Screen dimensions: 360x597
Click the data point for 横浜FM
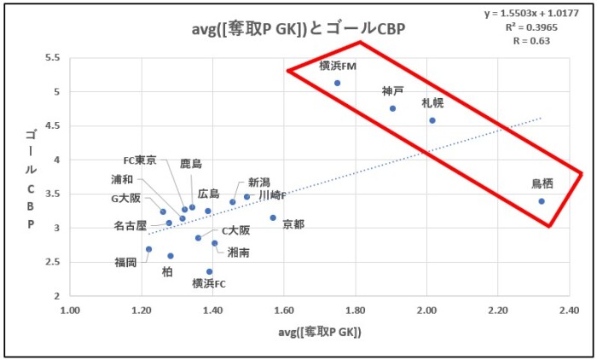pos(337,83)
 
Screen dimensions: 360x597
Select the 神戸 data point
pos(392,108)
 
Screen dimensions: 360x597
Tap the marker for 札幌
pos(432,120)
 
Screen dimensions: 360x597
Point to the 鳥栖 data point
pos(542,201)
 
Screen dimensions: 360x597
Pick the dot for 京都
pos(273,218)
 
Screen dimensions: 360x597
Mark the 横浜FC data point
pos(209,271)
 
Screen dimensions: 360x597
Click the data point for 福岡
pos(148,249)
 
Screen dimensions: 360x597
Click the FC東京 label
pos(140,160)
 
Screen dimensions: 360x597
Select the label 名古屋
pos(130,226)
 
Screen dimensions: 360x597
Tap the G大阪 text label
pos(125,199)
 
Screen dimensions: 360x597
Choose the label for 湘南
pos(239,253)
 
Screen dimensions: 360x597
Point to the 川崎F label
pos(273,195)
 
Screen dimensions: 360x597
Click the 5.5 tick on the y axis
pos(50,58)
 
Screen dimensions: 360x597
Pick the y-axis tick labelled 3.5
pos(50,195)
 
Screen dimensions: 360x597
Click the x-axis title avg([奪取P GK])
pos(319,332)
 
